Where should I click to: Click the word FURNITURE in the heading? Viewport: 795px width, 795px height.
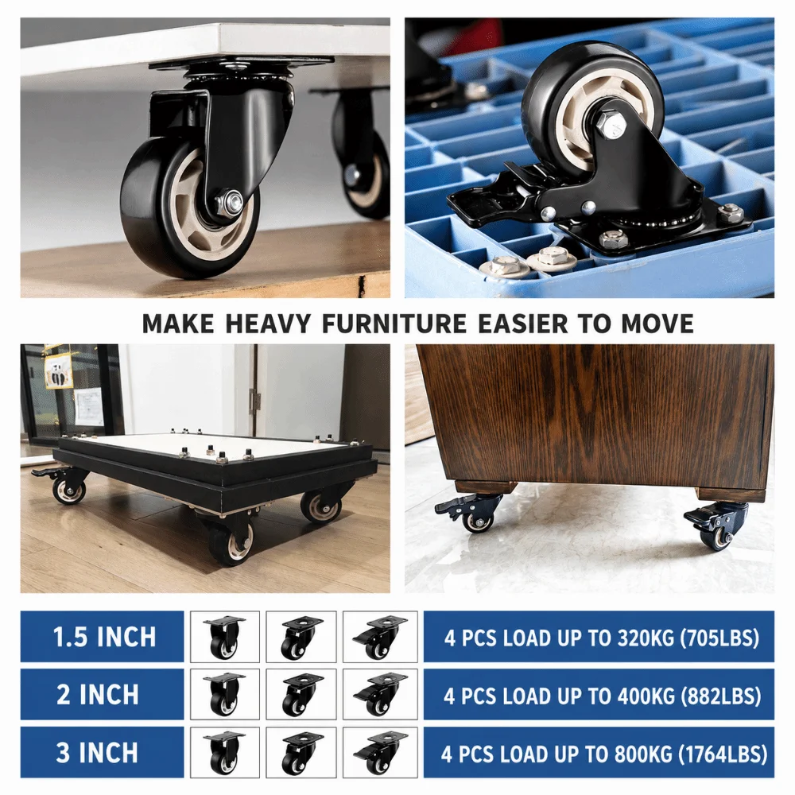[x=394, y=324]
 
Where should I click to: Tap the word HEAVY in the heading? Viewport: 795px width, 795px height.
[x=268, y=324]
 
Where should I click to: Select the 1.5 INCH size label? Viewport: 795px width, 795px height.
[x=104, y=637]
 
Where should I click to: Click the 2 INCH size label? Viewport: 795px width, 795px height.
[x=97, y=695]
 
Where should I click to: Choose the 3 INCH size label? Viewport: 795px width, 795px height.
[x=97, y=752]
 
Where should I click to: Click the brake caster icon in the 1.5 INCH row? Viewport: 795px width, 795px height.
[x=380, y=637]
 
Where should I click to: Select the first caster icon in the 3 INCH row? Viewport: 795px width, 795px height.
[x=225, y=752]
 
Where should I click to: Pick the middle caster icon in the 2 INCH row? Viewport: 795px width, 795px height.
[x=301, y=695]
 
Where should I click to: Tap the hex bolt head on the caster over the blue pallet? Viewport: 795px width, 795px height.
[x=610, y=123]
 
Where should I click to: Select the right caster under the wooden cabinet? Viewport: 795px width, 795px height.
[x=716, y=526]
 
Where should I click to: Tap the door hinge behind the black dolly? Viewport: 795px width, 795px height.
[x=256, y=400]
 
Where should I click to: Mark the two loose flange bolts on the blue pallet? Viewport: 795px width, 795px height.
[x=528, y=263]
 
